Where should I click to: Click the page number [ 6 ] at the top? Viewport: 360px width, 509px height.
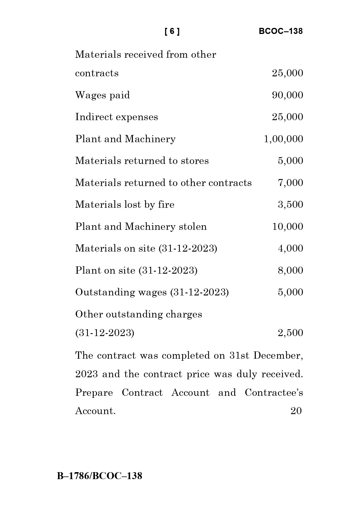coord(172,31)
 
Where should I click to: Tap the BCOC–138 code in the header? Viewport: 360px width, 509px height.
coord(281,31)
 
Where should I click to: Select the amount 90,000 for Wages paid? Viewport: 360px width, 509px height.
coord(287,95)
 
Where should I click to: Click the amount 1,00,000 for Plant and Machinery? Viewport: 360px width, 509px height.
coord(283,139)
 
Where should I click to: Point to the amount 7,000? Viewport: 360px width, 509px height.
coord(290,183)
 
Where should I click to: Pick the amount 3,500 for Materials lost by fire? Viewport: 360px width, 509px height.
coord(290,205)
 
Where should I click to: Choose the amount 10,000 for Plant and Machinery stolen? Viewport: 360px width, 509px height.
coord(287,227)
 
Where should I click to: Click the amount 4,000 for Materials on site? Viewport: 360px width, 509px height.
coord(290,248)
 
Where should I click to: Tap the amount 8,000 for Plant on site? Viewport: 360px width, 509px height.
coord(290,270)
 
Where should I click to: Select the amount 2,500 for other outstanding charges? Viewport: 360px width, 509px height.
coord(290,333)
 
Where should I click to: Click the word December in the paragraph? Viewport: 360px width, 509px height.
coord(278,356)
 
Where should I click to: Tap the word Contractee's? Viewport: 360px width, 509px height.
coord(274,393)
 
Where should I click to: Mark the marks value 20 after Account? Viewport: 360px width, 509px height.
coord(296,411)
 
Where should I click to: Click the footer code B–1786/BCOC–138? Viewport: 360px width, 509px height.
coord(100,476)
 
